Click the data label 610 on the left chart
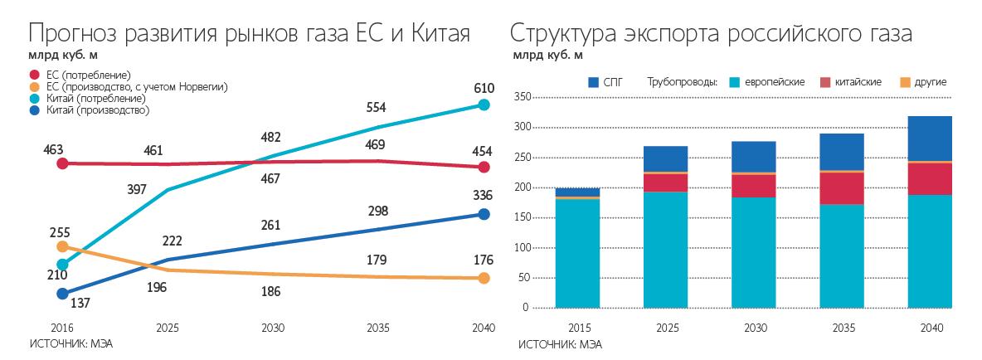point(484,88)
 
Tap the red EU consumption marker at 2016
point(62,163)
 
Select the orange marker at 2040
point(484,279)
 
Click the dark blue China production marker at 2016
point(62,294)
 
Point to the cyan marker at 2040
point(484,105)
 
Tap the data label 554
point(377,108)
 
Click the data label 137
point(80,304)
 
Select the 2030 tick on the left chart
point(273,328)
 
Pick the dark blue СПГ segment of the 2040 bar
point(930,138)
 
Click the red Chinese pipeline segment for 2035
point(841,188)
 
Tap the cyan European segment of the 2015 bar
point(578,253)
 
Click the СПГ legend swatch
point(593,82)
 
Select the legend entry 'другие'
point(930,82)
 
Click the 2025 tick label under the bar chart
point(666,328)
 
